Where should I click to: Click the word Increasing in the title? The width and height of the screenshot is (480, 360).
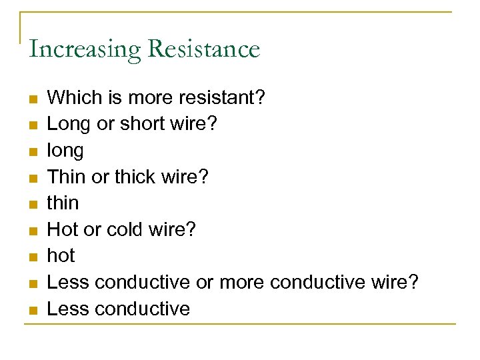tap(85, 49)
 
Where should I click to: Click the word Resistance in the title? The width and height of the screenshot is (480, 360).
tap(204, 49)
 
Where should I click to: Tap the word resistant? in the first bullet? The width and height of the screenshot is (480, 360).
tap(223, 98)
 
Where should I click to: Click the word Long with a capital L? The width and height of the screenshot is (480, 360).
tap(69, 125)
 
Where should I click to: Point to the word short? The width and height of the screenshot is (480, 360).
tap(143, 125)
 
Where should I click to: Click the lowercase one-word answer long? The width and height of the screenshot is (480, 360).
tap(65, 151)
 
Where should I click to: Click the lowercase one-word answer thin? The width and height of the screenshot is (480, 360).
tap(63, 203)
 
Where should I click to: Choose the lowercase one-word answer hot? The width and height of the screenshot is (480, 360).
tap(61, 256)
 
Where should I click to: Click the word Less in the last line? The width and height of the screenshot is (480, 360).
tap(69, 309)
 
